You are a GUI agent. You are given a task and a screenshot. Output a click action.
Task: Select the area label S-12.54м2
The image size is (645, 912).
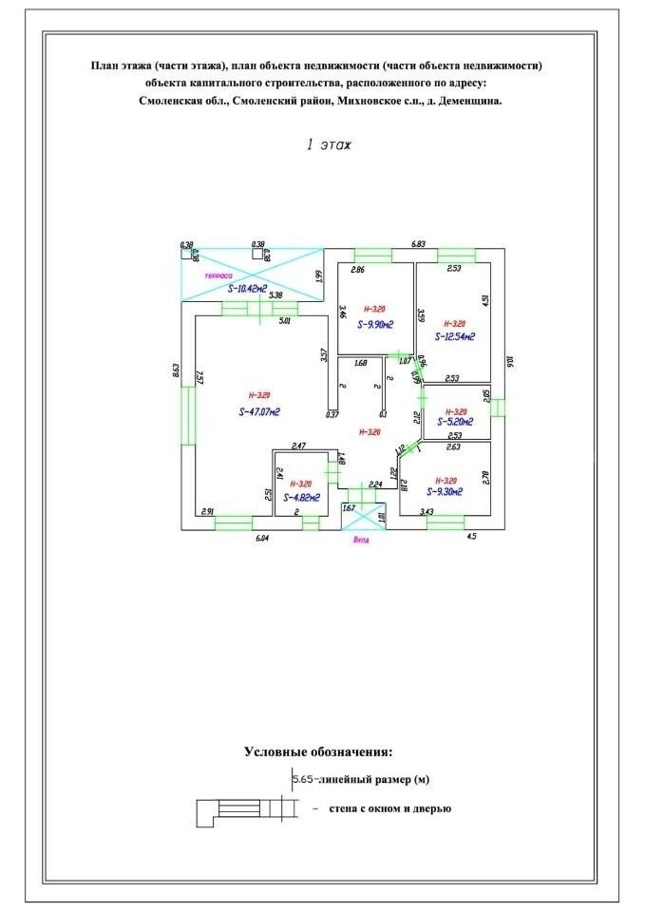pos(455,336)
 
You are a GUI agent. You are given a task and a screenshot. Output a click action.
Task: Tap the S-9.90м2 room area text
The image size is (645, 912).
pos(375,325)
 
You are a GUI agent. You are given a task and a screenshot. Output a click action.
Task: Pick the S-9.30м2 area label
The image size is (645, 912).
pos(443,492)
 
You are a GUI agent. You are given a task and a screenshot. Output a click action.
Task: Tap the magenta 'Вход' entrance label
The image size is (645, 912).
pos(361,541)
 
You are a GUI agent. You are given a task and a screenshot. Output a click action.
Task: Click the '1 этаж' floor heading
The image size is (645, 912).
pos(328,145)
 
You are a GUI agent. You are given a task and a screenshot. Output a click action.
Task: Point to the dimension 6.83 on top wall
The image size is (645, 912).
pos(417,244)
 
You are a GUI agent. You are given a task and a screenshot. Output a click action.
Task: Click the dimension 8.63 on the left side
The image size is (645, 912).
pos(176,371)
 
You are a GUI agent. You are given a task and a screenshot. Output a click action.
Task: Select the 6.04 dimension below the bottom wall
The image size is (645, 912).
pos(263,538)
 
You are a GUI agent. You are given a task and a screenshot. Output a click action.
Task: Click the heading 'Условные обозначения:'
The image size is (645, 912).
pos(317,751)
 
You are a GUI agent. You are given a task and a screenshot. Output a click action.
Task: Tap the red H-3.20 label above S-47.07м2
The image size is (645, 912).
pos(259,394)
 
